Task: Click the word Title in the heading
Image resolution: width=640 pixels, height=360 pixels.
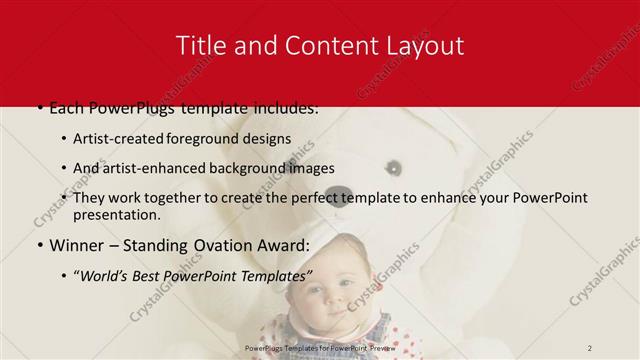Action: (199, 46)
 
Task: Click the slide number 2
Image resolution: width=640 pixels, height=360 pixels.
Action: (590, 346)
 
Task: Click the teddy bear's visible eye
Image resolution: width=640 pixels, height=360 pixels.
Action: (395, 166)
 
